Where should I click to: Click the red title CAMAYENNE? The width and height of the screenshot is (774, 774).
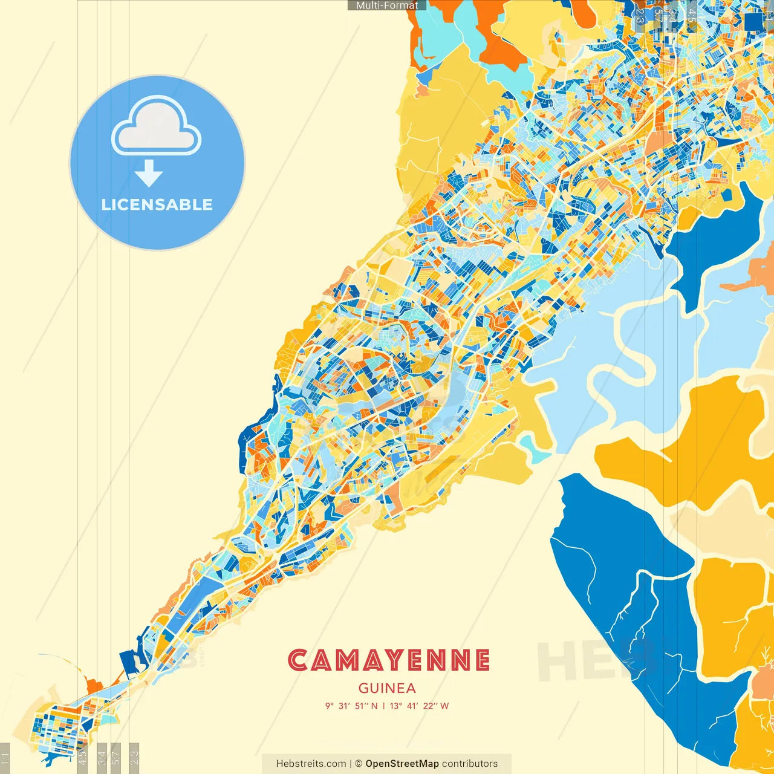tap(388, 660)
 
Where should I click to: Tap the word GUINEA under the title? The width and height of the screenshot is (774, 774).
tap(387, 688)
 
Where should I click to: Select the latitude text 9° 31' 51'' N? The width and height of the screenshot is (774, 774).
tap(351, 706)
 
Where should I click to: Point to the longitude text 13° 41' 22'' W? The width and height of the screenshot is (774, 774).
tap(420, 706)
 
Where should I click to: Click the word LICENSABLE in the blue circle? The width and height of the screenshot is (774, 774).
tap(157, 204)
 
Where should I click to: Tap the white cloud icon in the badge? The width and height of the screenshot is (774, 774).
tap(156, 127)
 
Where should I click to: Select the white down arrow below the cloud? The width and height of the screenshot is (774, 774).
tap(149, 174)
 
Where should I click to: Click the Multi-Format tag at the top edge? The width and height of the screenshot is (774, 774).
tap(387, 5)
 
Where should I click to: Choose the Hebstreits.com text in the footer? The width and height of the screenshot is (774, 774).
tap(311, 764)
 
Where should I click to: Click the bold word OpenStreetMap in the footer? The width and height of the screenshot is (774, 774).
tap(402, 764)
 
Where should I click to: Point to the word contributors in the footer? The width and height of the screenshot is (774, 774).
tap(470, 764)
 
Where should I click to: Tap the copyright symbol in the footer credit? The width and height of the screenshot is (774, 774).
tap(359, 764)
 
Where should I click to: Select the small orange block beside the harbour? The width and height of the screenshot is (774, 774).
tap(94, 687)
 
